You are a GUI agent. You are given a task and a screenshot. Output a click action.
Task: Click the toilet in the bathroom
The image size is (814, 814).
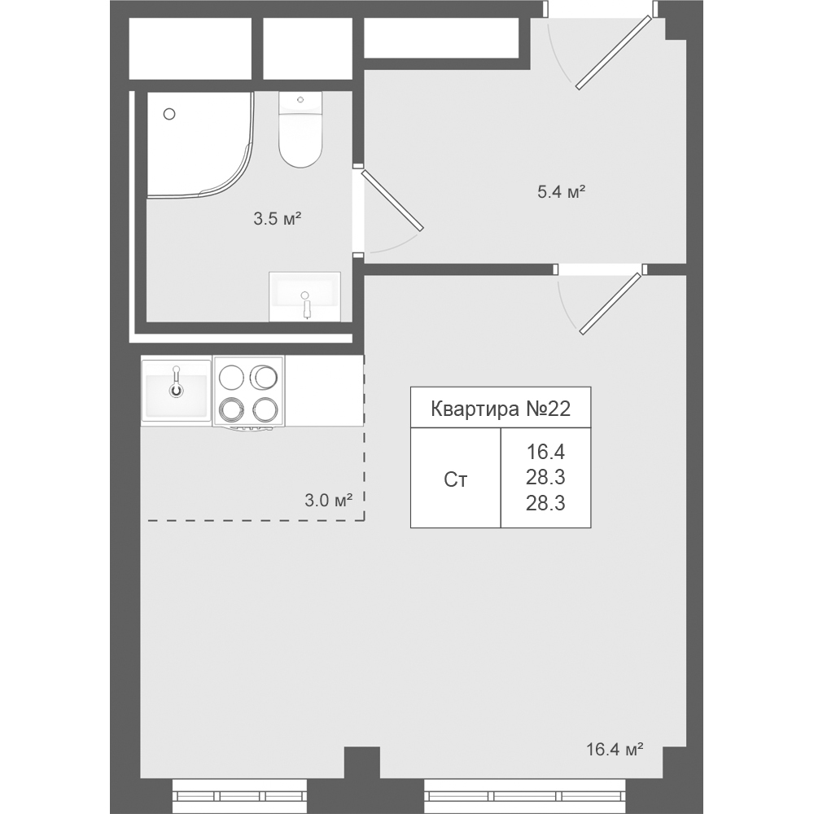click(x=300, y=129)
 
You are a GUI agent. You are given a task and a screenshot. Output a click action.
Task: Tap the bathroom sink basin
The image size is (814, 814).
click(x=304, y=296)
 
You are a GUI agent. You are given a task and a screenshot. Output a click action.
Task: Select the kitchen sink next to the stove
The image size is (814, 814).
click(x=177, y=389)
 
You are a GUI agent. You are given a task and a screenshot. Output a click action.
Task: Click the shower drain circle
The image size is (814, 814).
click(x=169, y=114)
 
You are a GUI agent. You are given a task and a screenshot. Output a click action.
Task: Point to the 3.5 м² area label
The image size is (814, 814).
click(x=278, y=219)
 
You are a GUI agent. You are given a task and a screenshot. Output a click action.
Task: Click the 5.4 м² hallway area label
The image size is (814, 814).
click(x=561, y=192)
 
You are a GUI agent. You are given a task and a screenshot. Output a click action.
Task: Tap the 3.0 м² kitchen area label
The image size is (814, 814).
click(x=329, y=501)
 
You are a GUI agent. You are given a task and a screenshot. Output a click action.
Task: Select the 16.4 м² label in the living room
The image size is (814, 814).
click(x=615, y=749)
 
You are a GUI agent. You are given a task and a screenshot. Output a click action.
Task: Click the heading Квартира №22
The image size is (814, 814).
click(x=501, y=409)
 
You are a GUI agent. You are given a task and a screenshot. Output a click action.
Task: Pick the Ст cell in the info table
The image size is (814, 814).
click(x=455, y=480)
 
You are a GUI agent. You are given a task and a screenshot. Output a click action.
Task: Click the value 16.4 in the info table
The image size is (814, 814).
click(x=545, y=452)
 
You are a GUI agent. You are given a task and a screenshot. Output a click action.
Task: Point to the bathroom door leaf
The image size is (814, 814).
click(x=392, y=200)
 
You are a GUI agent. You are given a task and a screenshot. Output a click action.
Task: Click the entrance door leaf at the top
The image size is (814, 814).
click(x=613, y=52)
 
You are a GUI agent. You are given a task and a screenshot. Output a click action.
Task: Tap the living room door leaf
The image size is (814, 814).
click(x=610, y=303)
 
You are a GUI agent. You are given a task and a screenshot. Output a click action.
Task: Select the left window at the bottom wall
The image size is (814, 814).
click(x=239, y=795)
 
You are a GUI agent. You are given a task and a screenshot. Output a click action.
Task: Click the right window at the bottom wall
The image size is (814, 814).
click(x=527, y=795)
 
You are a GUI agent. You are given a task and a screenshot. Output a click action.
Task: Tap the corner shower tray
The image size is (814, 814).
click(x=200, y=145)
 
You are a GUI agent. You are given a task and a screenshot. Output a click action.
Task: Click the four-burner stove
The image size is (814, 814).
click(x=248, y=392)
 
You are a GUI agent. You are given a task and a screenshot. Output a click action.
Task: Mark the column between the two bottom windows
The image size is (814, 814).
click(x=362, y=779)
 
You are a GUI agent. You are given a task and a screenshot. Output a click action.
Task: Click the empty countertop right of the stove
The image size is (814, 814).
click(x=324, y=391)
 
